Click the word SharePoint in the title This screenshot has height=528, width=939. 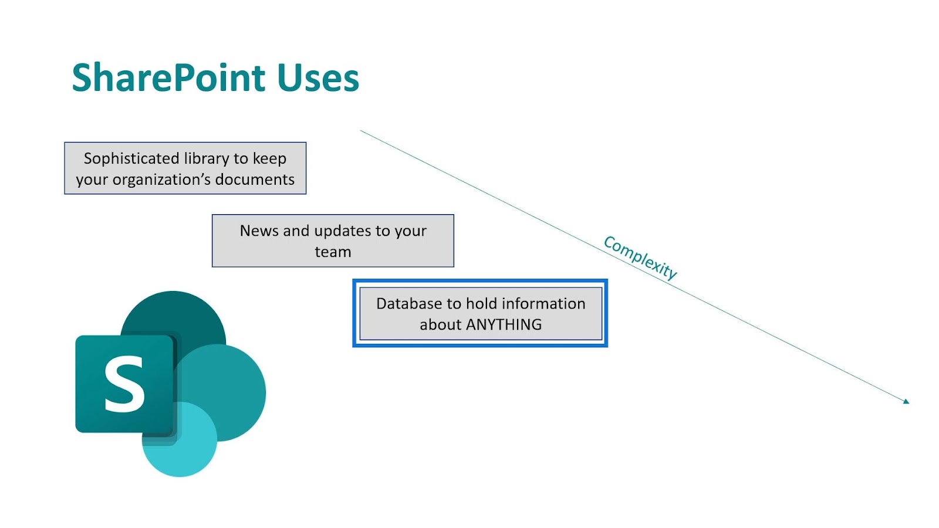click(x=168, y=77)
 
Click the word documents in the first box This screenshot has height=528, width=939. click(x=255, y=180)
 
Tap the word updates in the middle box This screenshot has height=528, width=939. click(x=343, y=232)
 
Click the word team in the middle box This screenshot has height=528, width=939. click(x=333, y=252)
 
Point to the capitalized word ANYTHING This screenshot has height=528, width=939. click(x=504, y=325)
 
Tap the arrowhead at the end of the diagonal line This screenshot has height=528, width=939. click(x=906, y=401)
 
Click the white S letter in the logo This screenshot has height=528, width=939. click(x=124, y=384)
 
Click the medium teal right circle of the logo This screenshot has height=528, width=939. click(x=235, y=392)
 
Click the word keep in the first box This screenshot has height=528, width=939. click(x=269, y=159)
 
